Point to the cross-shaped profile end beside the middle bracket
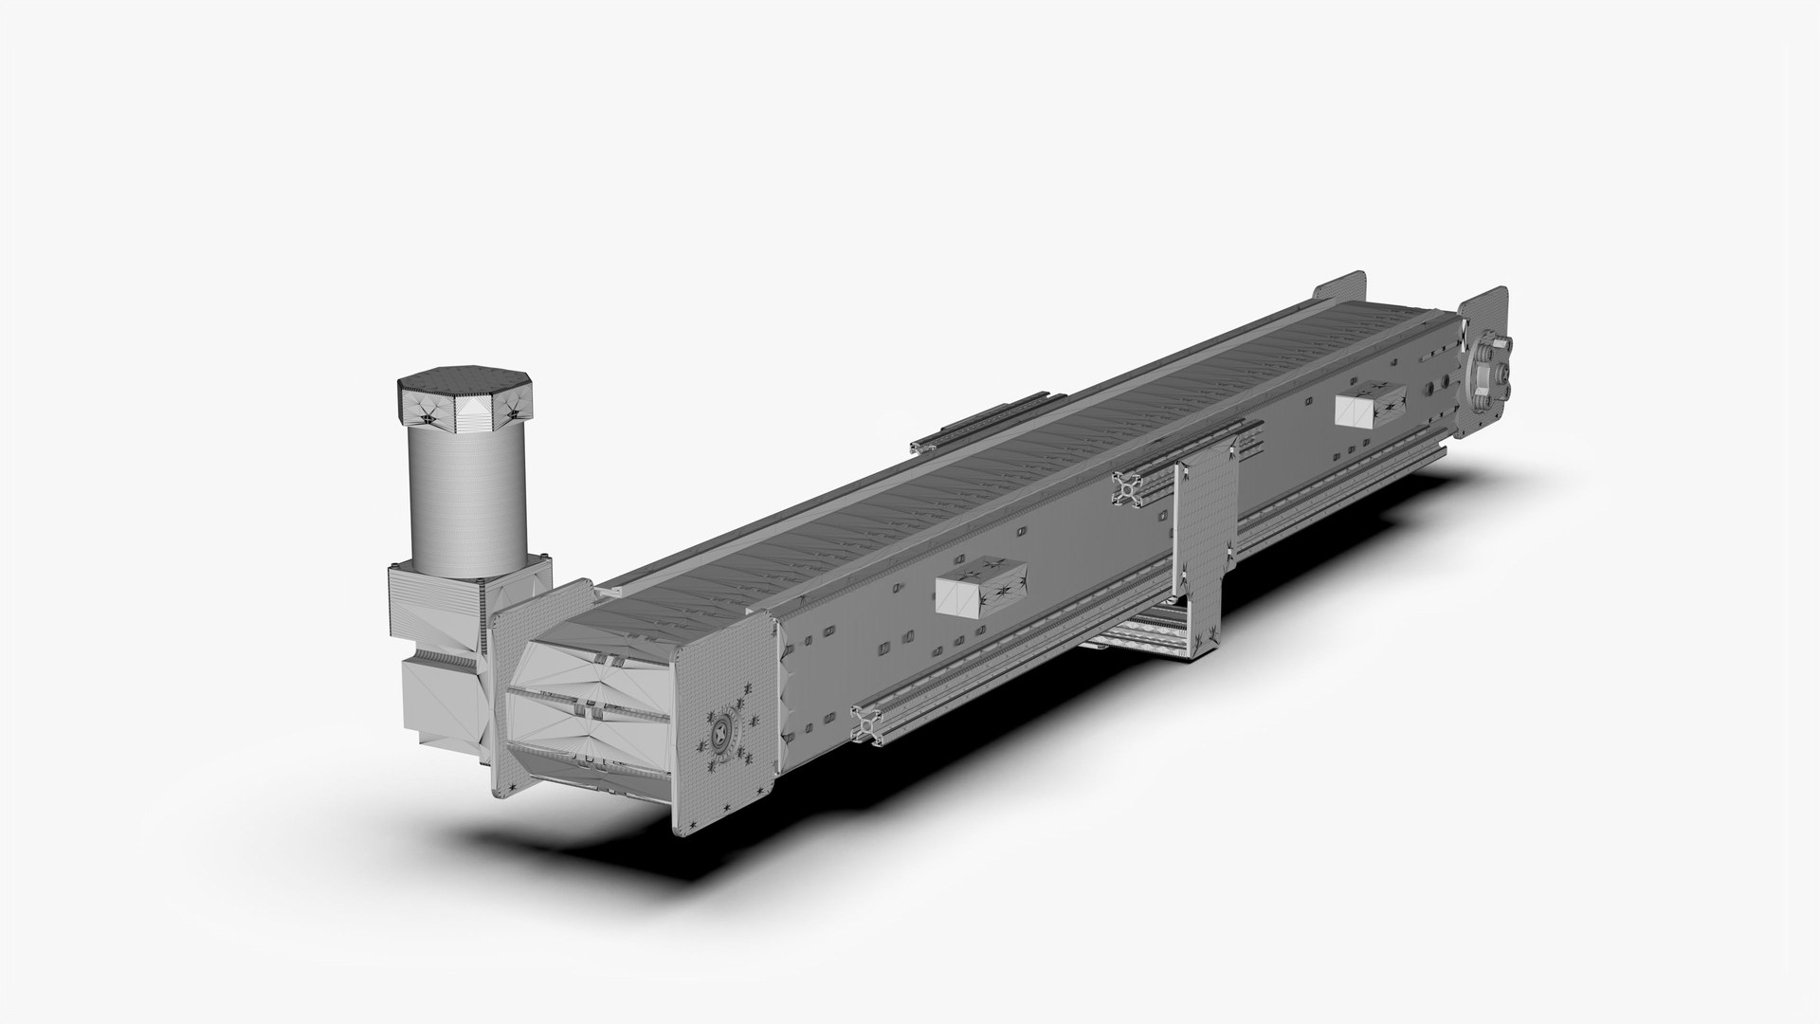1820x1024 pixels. click(x=1128, y=490)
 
